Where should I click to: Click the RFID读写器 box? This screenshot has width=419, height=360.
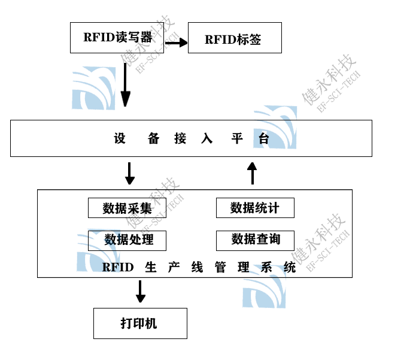pos(117,37)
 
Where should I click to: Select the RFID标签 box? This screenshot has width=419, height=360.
pos(235,38)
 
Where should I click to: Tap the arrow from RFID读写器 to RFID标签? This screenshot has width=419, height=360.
pos(176,43)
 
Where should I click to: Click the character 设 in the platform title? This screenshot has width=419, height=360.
pos(120,139)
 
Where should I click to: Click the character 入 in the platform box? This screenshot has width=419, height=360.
pos(207,139)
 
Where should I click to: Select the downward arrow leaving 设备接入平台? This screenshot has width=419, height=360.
pos(129,173)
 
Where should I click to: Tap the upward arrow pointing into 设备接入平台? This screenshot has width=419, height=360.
pos(252,173)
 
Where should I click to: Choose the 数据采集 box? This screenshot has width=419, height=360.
pos(127,208)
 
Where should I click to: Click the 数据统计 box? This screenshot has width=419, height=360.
pos(256,208)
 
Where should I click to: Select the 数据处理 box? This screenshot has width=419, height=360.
pos(127,240)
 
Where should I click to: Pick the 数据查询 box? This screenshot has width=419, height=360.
pos(256,240)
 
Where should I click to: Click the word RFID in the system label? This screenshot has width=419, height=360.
pos(118,267)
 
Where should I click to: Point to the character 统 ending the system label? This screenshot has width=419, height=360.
pos(290,267)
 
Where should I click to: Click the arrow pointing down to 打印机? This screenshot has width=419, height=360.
pos(141,292)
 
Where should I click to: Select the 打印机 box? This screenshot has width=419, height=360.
pos(140,323)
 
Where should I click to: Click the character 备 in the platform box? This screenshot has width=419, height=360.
pos(154,139)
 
